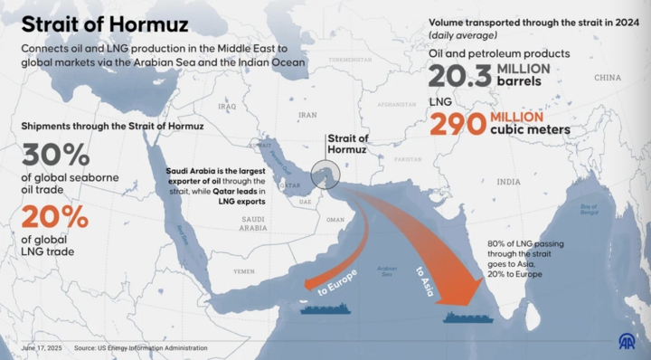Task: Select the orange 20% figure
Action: (x=55, y=217)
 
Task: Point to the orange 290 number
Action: (x=458, y=123)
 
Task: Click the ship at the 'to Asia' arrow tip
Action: (x=467, y=317)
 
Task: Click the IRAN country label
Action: (x=308, y=115)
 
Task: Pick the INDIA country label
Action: (x=508, y=181)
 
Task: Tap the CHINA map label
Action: (x=608, y=78)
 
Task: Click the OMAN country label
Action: (x=335, y=220)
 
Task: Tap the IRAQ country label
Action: (x=226, y=106)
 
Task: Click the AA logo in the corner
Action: (x=627, y=342)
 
